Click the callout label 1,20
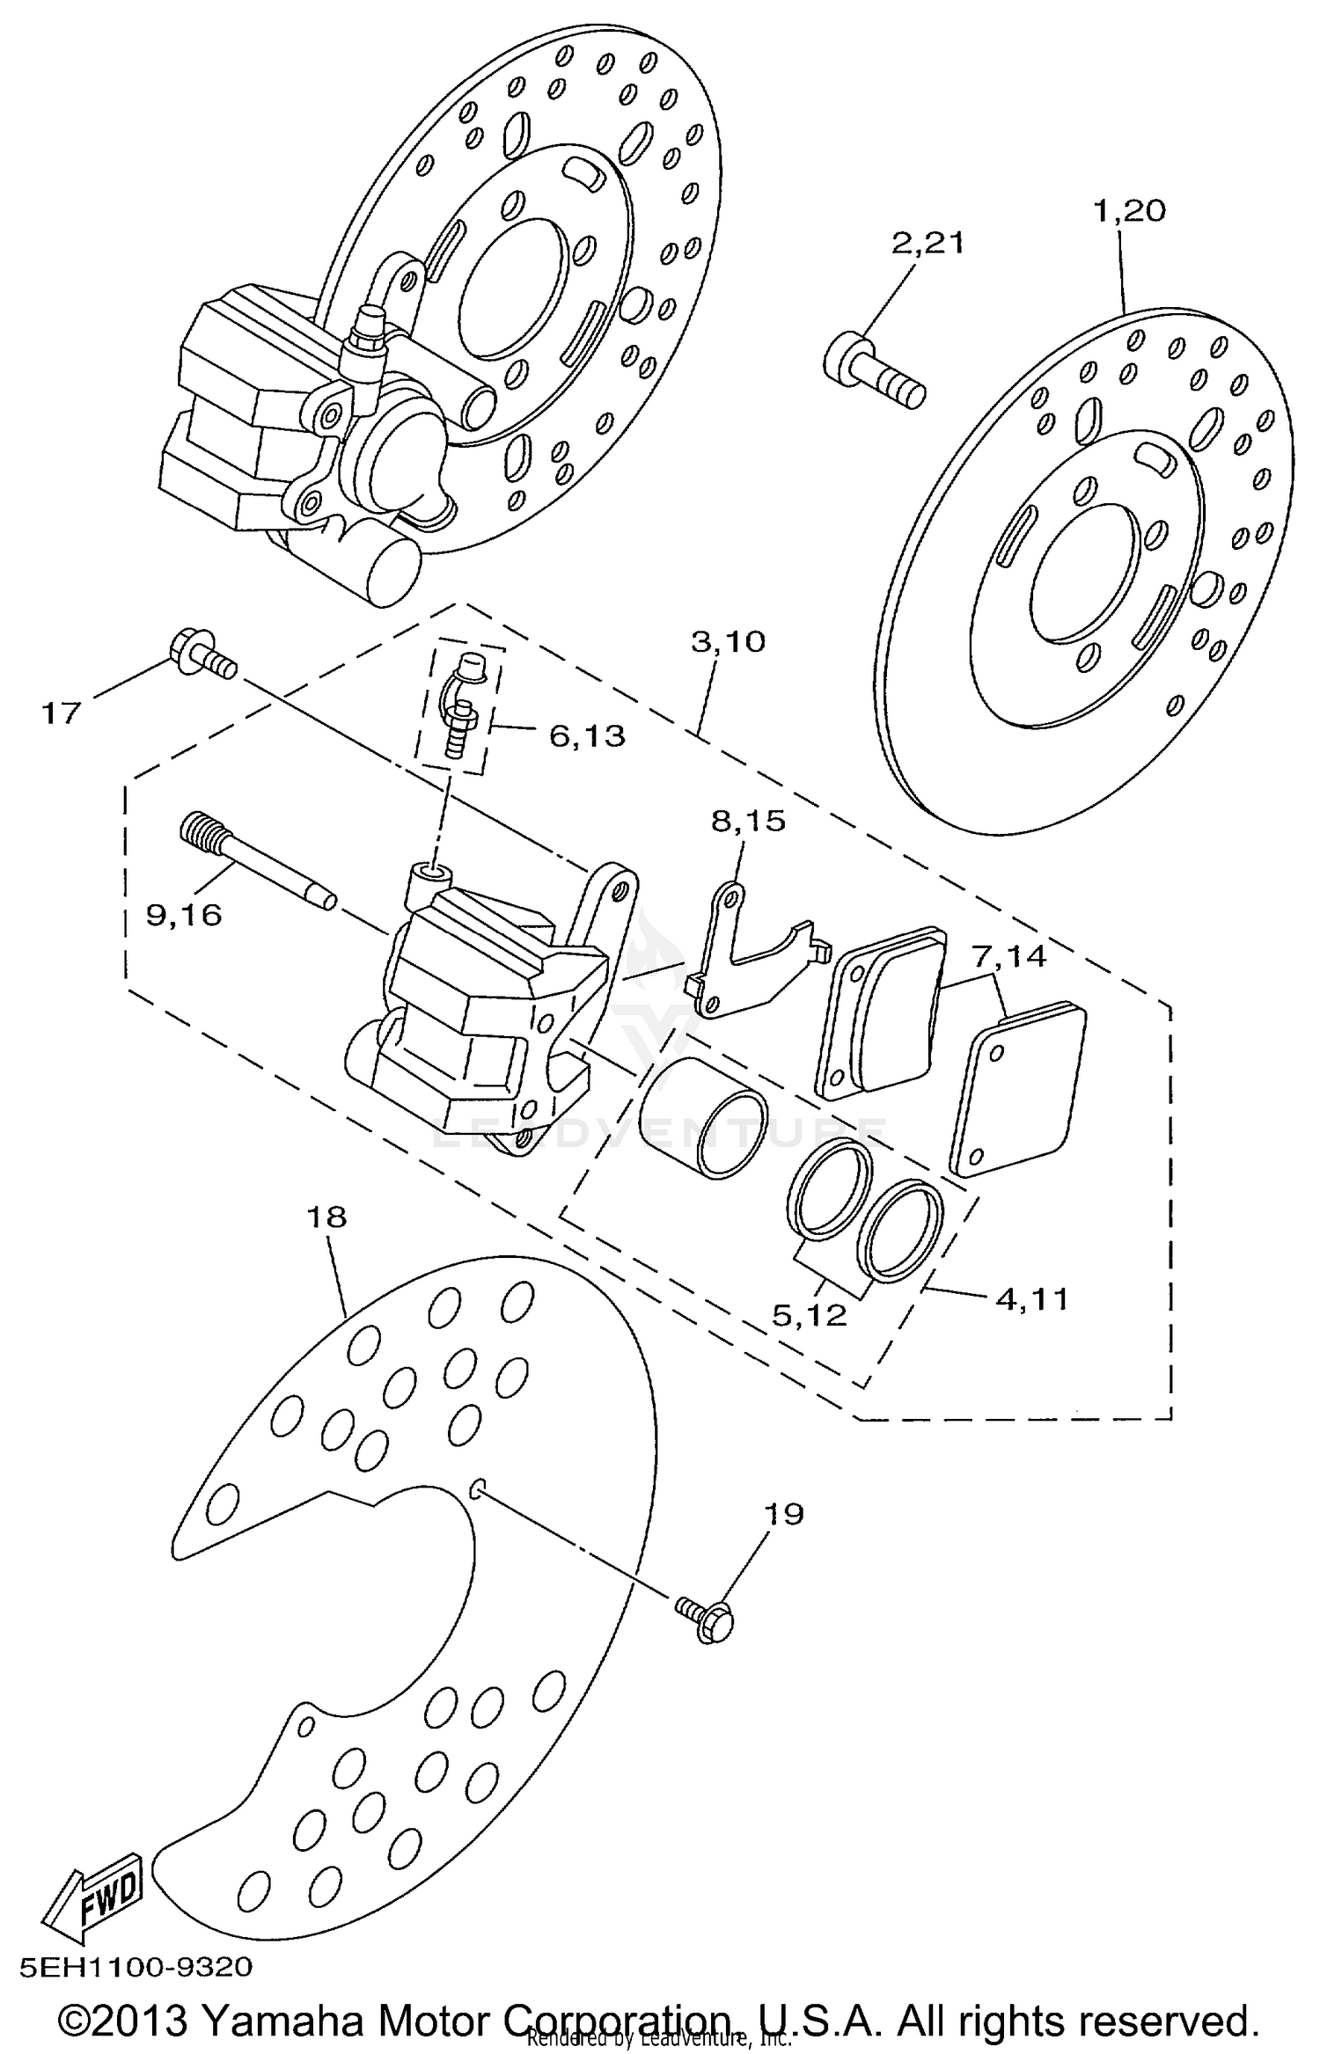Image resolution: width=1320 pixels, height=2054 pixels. (x=1129, y=211)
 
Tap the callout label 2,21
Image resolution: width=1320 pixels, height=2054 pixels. (x=928, y=243)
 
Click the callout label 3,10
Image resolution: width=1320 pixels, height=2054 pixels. (x=728, y=641)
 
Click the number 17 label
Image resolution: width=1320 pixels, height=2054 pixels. (x=62, y=713)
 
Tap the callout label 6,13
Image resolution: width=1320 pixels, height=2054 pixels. (x=587, y=735)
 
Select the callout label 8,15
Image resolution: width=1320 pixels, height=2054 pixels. (x=748, y=822)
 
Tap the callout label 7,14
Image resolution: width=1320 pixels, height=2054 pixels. (x=1009, y=955)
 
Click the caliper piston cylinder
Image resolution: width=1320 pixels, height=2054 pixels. (x=702, y=1117)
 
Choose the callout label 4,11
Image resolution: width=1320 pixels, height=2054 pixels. (x=1031, y=1298)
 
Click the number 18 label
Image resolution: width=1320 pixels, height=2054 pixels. (x=326, y=1217)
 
